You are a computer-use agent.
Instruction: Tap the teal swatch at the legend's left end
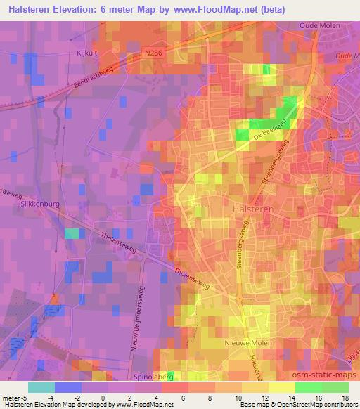(x=41, y=387)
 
